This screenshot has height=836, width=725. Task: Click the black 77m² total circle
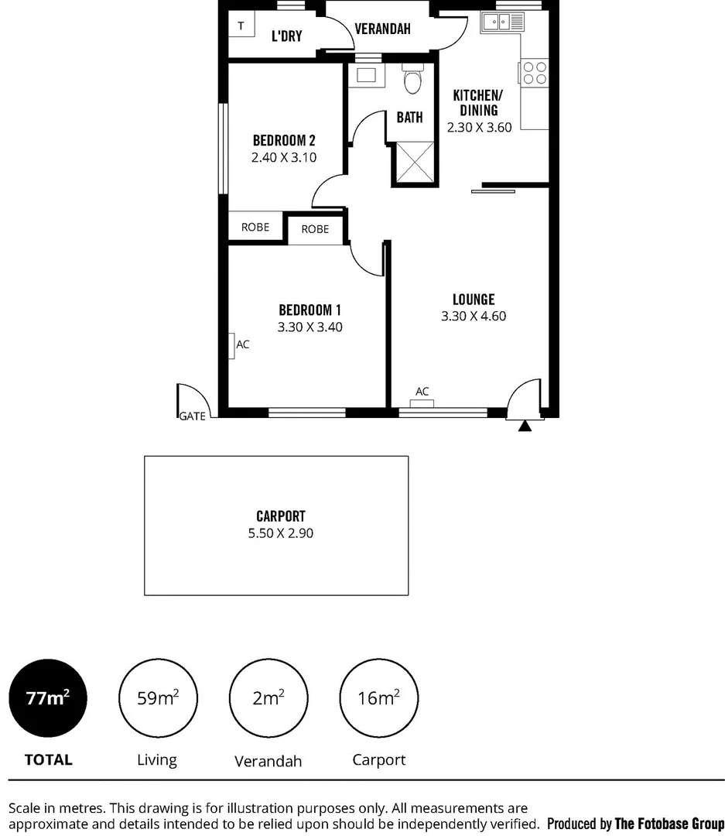(x=47, y=697)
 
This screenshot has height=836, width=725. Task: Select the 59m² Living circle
(x=157, y=697)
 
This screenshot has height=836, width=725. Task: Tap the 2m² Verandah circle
(x=268, y=697)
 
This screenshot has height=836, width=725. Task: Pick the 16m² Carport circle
(x=378, y=697)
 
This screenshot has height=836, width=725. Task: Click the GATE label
(x=193, y=416)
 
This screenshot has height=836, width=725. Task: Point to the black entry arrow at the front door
(x=525, y=426)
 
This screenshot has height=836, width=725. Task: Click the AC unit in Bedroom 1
(x=232, y=345)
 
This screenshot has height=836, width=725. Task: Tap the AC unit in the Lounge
(x=422, y=402)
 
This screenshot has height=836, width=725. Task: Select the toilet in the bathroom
(x=412, y=80)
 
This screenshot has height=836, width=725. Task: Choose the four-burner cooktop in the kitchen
(x=535, y=74)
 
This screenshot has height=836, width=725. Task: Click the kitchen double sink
(x=501, y=23)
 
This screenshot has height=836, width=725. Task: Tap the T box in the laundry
(x=241, y=26)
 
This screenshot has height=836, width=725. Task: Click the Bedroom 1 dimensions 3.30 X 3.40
(x=309, y=327)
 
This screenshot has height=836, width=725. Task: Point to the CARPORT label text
(x=281, y=516)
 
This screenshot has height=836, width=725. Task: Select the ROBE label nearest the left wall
(x=255, y=228)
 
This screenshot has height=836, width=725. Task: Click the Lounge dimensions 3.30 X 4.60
(x=474, y=316)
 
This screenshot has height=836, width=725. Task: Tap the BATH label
(x=409, y=118)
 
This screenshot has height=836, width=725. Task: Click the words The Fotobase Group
(x=669, y=824)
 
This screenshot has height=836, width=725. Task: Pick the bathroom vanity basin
(x=366, y=76)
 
